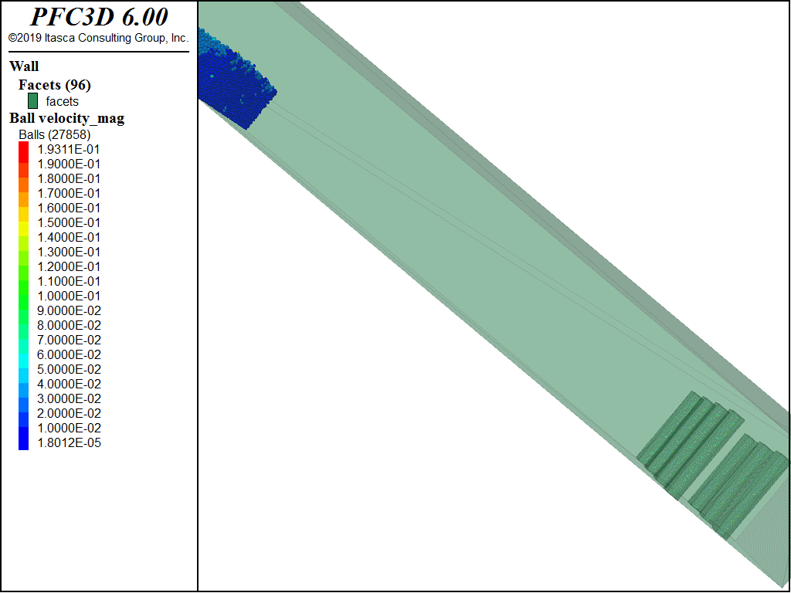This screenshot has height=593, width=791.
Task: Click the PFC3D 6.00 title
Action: pos(99,17)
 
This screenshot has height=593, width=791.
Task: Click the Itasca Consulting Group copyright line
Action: pos(98,38)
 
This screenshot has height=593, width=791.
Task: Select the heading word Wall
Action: pos(24,66)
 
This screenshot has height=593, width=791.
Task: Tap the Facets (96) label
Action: pos(55,85)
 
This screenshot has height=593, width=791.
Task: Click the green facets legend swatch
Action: pos(32,101)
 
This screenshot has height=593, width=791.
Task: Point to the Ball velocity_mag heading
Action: pos(67,118)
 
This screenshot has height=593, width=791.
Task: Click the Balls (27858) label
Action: pos(55,134)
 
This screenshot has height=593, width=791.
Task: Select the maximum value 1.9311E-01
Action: pos(69,149)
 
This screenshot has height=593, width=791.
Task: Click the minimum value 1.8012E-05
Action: pos(69,442)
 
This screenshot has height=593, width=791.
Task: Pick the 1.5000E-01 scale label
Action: pos(69,222)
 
